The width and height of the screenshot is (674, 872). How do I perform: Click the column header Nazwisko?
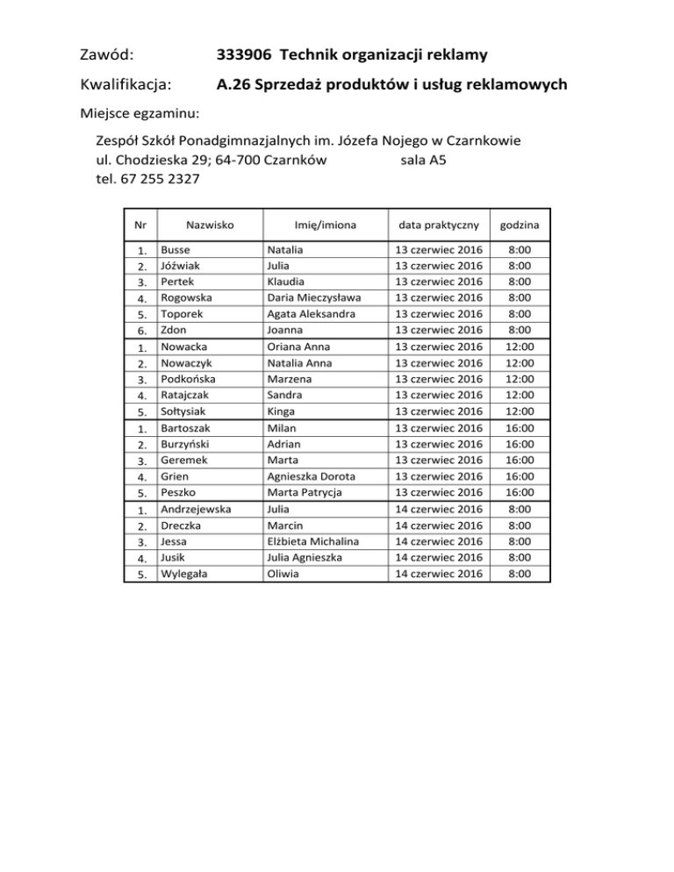(209, 225)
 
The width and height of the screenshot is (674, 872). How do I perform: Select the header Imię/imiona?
(324, 225)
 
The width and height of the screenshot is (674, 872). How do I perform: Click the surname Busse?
(176, 250)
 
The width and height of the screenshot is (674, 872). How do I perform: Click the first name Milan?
(282, 428)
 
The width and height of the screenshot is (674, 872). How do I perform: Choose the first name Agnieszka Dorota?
(312, 476)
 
